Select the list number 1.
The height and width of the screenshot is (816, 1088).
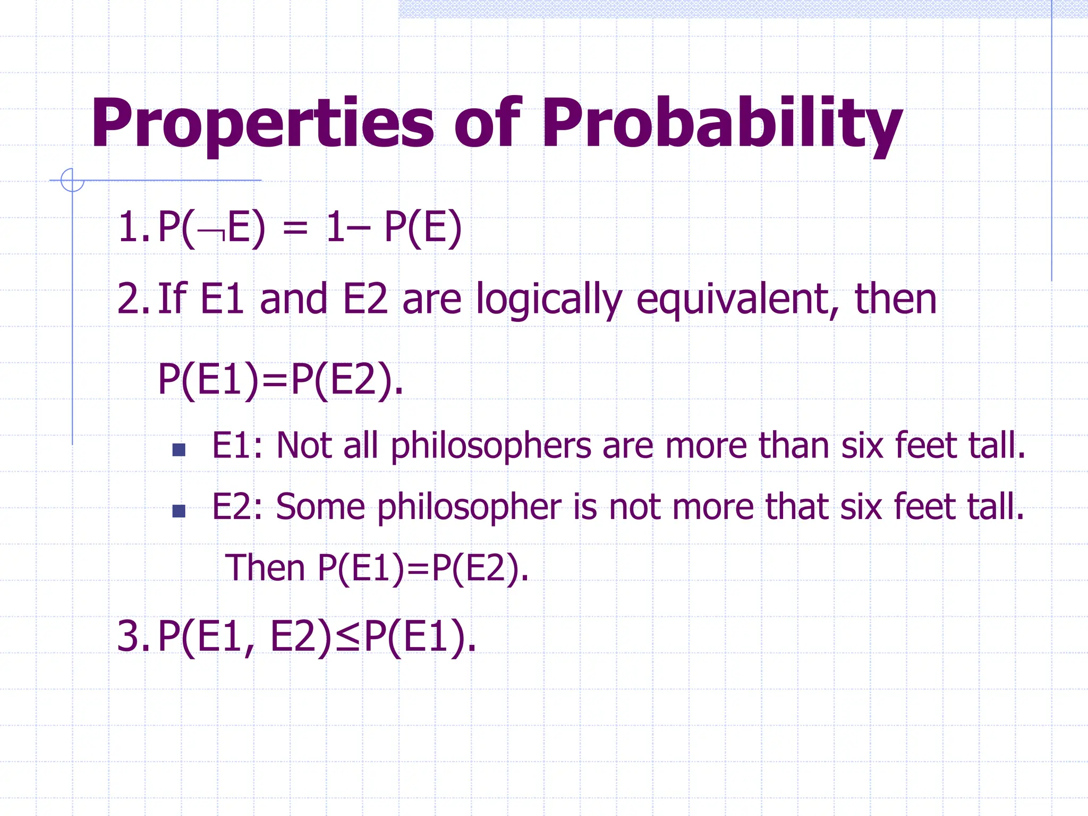(131, 228)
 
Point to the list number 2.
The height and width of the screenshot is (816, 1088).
(131, 299)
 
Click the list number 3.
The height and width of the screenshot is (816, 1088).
(131, 636)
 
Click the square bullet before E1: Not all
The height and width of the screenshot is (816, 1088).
(179, 450)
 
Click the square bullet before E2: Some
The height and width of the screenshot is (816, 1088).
(179, 511)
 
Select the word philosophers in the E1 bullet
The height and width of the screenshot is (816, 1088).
(491, 447)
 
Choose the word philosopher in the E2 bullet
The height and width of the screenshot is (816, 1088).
(469, 508)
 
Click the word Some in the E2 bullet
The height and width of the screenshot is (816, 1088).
(320, 507)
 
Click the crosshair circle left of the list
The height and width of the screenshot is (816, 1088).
(72, 180)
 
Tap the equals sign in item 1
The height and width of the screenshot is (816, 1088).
(295, 229)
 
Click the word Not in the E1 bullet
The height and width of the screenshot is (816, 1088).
(304, 446)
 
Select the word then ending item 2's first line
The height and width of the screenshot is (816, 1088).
(895, 299)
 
